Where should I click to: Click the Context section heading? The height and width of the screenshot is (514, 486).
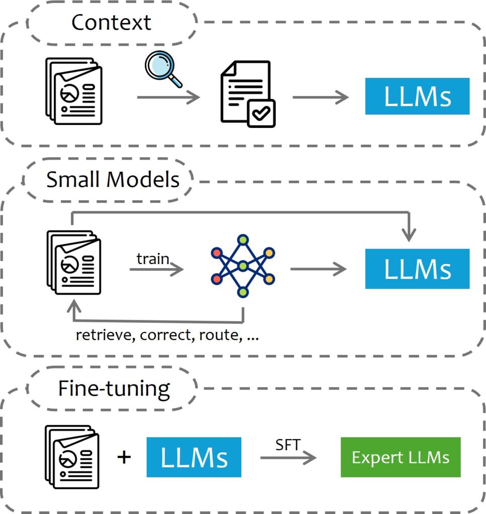coord(111,23)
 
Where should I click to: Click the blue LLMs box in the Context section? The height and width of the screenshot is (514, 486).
coord(417,96)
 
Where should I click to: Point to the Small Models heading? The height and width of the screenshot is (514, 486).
coord(113,180)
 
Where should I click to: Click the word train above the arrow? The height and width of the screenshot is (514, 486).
coord(153,259)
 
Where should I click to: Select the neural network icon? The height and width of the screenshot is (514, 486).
coord(243,266)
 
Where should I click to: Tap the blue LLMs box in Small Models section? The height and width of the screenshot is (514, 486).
coord(417,269)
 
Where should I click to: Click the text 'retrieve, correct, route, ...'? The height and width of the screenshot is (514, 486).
coord(167,335)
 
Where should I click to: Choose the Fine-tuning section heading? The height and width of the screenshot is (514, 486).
coord(114,389)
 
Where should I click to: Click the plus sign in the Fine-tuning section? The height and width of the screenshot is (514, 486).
coord(124,457)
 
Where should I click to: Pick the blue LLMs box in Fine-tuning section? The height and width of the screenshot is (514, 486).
coord(194,457)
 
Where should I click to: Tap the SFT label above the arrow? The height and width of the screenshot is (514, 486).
coord(287,445)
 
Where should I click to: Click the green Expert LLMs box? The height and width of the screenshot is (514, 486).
coord(401,457)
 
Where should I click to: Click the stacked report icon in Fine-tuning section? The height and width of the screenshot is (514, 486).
coord(72,456)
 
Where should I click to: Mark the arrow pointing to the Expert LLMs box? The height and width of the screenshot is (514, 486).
coord(288,458)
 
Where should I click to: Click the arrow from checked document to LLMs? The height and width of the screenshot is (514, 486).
coord(320,97)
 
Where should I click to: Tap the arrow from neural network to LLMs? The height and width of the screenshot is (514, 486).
coord(318,270)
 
